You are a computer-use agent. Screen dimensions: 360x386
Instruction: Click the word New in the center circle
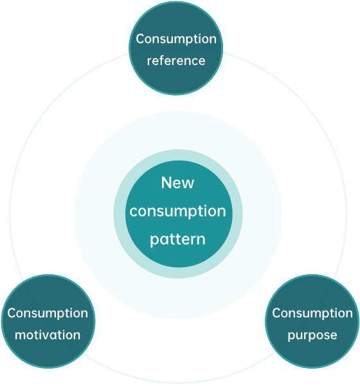[177, 182]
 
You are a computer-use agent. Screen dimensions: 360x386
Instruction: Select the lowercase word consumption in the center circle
[177, 211]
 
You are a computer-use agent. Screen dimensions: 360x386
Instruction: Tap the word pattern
[177, 240]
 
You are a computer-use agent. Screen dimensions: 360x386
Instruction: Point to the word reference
[176, 61]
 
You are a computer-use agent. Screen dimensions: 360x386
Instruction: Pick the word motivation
[48, 335]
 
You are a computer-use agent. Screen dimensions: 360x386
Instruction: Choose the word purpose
[312, 336]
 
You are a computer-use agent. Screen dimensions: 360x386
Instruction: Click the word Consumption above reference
[176, 39]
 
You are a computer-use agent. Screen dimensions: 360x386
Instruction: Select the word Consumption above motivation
[48, 313]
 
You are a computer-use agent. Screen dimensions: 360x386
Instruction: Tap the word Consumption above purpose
[312, 313]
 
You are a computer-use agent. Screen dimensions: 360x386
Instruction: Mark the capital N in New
[166, 182]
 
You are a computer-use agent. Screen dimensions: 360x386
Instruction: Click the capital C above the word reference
[140, 39]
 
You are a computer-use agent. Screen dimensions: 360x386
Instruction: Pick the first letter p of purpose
[291, 337]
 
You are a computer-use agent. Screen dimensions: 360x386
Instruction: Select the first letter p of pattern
[154, 241]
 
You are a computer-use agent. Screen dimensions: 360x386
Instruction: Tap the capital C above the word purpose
[276, 313]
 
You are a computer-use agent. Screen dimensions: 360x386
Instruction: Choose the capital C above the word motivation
[12, 313]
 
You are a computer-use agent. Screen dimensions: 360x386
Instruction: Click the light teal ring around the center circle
[120, 214]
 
